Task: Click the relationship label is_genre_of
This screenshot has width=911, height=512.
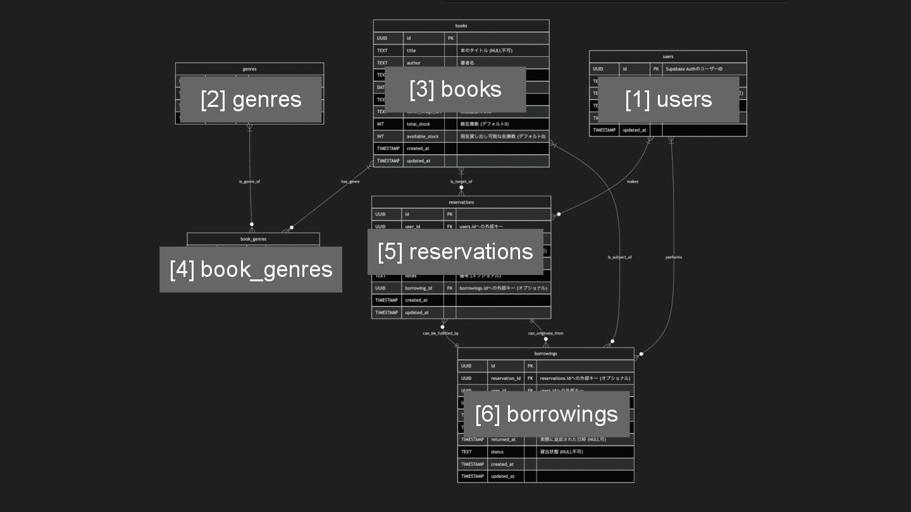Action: pos(249,181)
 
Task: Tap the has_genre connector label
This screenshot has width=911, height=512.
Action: pos(350,181)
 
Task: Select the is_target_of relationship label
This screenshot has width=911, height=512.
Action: pos(461,181)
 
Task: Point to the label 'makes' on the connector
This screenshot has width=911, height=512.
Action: pos(633,181)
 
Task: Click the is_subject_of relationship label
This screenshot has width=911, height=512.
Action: pos(619,257)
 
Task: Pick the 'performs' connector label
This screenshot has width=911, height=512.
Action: pos(674,257)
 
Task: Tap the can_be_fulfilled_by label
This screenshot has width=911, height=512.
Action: pos(441,333)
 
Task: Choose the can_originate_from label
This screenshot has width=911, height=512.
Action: pos(546,333)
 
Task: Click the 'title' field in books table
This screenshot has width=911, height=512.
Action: pos(411,51)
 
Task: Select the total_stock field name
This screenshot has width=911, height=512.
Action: pos(418,125)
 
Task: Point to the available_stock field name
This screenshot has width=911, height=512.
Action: pos(423,137)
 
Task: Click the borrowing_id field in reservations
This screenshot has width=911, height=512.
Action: pos(418,288)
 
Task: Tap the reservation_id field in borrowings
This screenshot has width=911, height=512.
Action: pos(505,379)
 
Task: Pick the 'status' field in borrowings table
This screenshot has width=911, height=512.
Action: pos(497,452)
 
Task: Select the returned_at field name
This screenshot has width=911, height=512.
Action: pos(503,440)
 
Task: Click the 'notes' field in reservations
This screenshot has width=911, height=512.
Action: pos(411,276)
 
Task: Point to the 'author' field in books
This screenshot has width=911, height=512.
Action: pos(414,63)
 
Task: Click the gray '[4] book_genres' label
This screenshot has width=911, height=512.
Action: pos(251,269)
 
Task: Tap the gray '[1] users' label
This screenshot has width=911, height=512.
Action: pos(668,99)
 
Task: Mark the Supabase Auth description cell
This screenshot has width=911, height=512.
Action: pos(694,69)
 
